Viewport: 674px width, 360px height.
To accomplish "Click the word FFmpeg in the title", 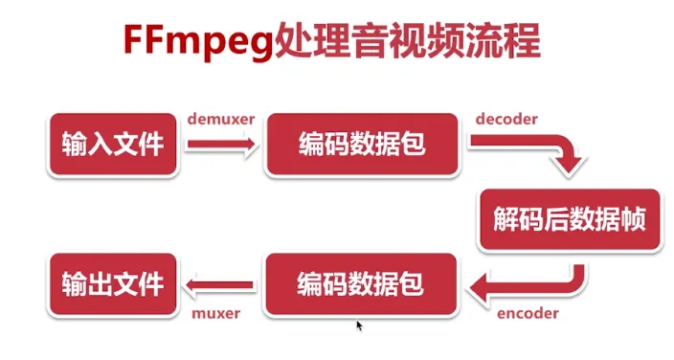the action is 198,41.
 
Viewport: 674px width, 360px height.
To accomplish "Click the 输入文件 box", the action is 113,145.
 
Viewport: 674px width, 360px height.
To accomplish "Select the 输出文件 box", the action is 113,284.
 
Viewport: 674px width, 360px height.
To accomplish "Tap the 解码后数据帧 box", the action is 570,219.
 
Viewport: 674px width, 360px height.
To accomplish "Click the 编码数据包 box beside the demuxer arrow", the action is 362,145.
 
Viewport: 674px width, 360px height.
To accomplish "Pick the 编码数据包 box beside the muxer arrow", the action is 361,284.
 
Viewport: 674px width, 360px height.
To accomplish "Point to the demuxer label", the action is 221,119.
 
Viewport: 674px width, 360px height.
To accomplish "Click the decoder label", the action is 506,119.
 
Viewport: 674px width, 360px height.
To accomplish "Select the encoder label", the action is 528,313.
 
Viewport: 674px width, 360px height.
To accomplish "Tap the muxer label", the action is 215,313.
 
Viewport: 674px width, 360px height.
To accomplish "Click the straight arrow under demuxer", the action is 222,145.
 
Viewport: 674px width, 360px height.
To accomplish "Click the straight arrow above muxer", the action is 219,284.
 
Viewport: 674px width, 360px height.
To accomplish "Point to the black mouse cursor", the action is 359,326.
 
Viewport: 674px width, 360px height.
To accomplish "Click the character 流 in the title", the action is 483,41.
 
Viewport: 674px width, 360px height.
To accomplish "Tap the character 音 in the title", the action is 371,41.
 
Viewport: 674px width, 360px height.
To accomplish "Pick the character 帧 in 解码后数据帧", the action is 634,219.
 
